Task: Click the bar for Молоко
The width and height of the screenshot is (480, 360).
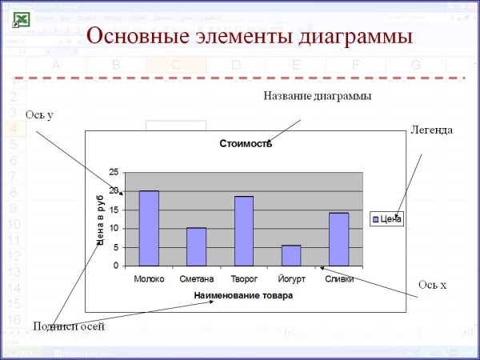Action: (149, 228)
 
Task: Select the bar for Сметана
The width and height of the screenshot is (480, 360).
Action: (196, 246)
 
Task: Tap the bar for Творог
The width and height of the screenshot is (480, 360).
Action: (243, 230)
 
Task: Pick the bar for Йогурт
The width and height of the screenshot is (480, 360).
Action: (291, 255)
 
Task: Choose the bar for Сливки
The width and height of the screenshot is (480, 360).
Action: (338, 239)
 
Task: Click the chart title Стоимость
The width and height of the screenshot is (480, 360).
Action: (246, 144)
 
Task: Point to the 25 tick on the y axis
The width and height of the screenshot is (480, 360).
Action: (114, 172)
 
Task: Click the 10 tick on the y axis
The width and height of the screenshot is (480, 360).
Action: (114, 228)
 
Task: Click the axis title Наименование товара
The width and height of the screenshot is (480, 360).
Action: (243, 295)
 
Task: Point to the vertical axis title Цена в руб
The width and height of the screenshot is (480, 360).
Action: (102, 218)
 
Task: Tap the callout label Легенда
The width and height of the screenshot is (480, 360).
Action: (432, 130)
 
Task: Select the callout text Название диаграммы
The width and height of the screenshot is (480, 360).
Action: (318, 96)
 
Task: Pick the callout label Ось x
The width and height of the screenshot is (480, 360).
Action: (432, 285)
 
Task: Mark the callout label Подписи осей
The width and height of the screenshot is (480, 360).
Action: (69, 326)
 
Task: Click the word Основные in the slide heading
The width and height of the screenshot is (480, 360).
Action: (138, 36)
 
